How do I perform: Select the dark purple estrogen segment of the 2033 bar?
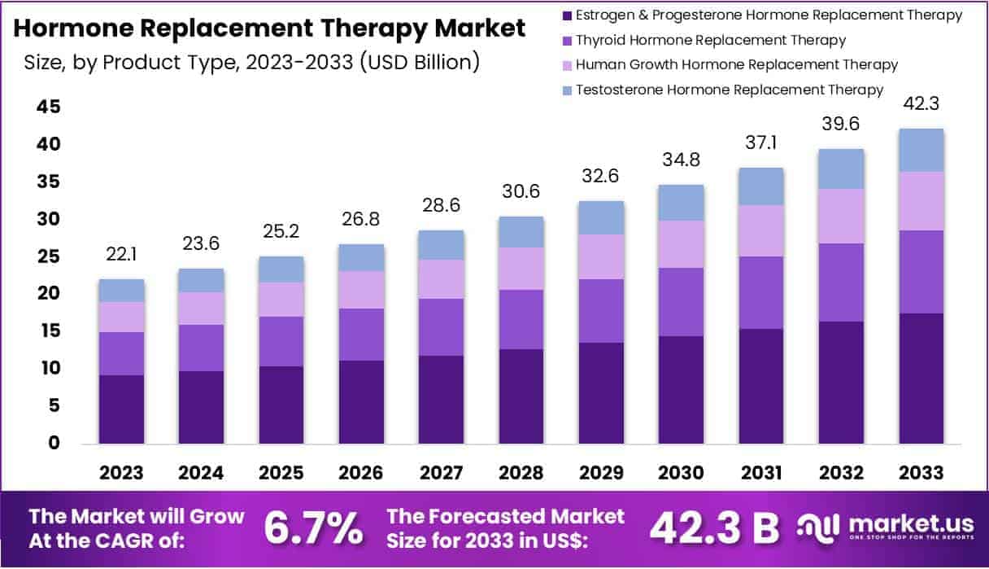click(921, 378)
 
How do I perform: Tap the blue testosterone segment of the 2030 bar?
click(681, 202)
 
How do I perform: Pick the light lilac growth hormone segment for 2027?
click(441, 278)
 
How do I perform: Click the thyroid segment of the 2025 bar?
click(281, 341)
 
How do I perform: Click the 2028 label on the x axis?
click(521, 473)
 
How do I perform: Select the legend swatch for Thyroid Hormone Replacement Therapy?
click(566, 40)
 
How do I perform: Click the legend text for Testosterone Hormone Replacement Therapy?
click(729, 90)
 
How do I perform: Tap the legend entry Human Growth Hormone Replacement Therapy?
click(736, 64)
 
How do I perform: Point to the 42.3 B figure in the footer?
click(713, 528)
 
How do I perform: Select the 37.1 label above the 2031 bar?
click(760, 143)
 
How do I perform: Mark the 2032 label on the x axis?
click(840, 473)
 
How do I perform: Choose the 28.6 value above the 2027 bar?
click(441, 206)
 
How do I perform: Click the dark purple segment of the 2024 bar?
click(201, 407)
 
